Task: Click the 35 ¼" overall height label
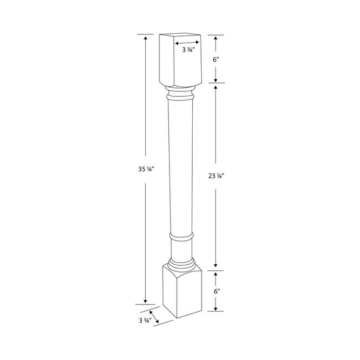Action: pyautogui.click(x=145, y=170)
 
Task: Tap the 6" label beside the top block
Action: pyautogui.click(x=216, y=58)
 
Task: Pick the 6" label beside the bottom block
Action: pyautogui.click(x=216, y=290)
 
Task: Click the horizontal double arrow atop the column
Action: pyautogui.click(x=187, y=42)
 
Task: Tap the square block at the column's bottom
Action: pyautogui.click(x=178, y=291)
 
